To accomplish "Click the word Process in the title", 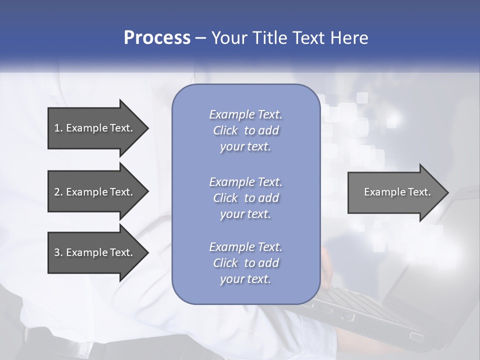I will coord(157,38).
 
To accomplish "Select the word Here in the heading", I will coord(349,38).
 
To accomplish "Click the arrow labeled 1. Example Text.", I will coord(95,128).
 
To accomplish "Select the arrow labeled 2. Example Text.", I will coord(95,192).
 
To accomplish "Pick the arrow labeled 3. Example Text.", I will coord(95,252).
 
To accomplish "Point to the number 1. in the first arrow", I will coord(58,128).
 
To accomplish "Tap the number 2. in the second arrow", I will coord(58,192).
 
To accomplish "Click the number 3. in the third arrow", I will coord(58,252).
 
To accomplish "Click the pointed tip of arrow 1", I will coord(147,128).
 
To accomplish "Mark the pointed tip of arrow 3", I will coord(147,252).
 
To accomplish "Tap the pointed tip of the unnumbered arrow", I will coord(447,192).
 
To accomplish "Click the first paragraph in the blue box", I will coord(245,130).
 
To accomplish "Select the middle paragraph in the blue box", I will coord(245,198).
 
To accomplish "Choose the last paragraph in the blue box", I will coord(245,263).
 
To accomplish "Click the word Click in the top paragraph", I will coord(225,130).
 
